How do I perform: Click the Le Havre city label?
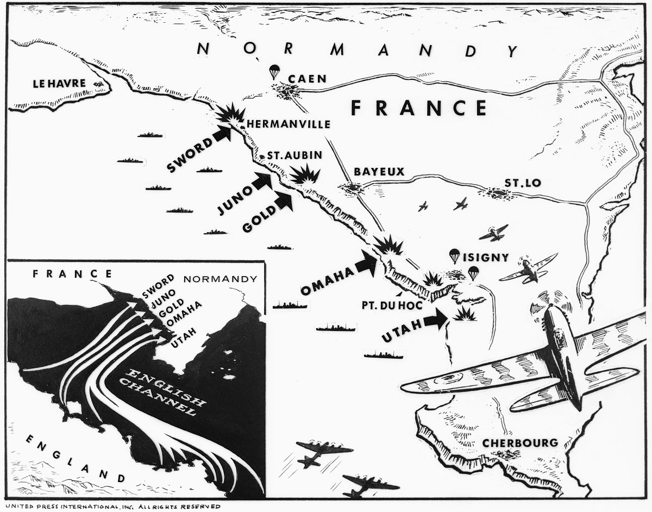tap(59, 84)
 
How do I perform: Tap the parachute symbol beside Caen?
tap(275, 71)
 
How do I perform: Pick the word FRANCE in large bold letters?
tap(418, 108)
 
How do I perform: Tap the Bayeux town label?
tap(379, 172)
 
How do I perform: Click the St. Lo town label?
tap(522, 183)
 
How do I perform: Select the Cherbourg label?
tap(520, 443)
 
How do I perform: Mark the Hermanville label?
tap(288, 124)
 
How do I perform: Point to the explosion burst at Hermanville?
tap(230, 115)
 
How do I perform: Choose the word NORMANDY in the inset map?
tap(220, 279)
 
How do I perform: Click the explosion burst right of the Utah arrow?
tap(465, 314)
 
